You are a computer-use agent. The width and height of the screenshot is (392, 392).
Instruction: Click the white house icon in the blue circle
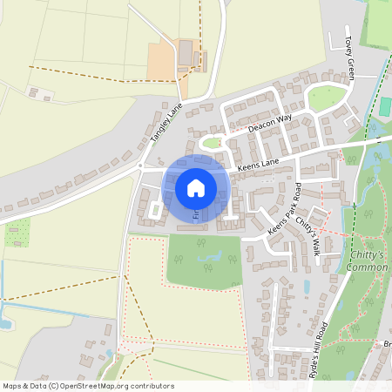click(x=196, y=187)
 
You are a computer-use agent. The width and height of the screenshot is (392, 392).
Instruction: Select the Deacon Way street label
click(x=269, y=123)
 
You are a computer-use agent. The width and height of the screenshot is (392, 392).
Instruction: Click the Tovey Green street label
click(x=349, y=57)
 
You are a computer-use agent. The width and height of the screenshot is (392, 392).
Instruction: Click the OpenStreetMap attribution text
click(x=87, y=385)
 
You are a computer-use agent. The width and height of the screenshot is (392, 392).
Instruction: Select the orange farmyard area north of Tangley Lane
click(x=166, y=61)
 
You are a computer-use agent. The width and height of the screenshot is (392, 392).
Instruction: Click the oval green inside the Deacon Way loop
click(x=327, y=98)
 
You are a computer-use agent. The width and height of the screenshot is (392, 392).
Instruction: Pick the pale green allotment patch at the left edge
click(x=17, y=232)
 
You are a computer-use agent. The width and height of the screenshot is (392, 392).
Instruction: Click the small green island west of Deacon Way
click(x=212, y=142)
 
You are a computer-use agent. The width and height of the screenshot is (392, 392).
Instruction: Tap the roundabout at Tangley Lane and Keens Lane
click(x=139, y=165)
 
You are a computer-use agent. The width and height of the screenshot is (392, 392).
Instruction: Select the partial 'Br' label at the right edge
click(x=385, y=344)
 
